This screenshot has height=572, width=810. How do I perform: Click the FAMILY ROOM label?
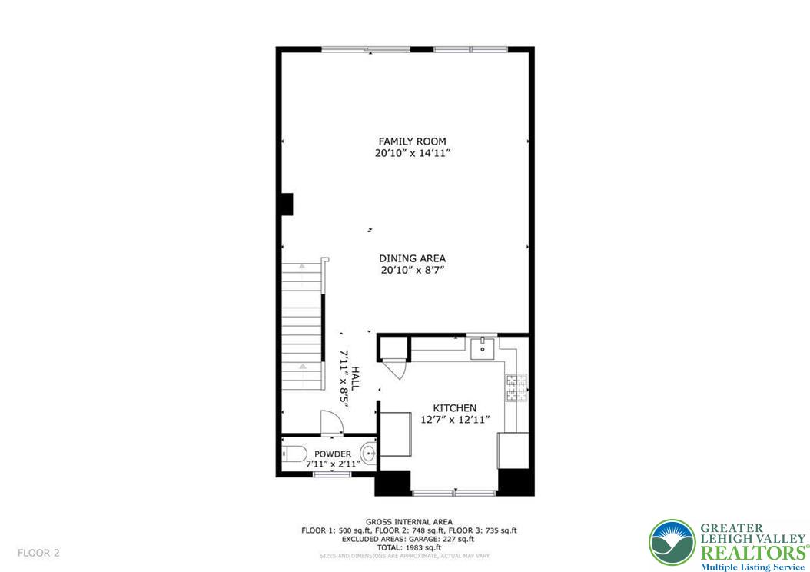pyautogui.click(x=412, y=141)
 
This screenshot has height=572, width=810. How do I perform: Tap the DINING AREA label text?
pyautogui.click(x=412, y=258)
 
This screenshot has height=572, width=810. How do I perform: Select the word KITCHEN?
pyautogui.click(x=454, y=408)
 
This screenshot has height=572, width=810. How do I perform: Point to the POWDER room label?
pyautogui.click(x=333, y=454)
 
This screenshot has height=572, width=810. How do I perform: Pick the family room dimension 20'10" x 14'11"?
pyautogui.click(x=412, y=154)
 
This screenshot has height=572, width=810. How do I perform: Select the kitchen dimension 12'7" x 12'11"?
pyautogui.click(x=455, y=420)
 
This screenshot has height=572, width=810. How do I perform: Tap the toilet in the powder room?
pyautogui.click(x=294, y=454)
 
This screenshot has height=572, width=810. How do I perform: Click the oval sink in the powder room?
pyautogui.click(x=369, y=454)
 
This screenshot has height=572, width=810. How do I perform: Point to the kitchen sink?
pyautogui.click(x=484, y=349)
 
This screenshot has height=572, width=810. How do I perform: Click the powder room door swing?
pyautogui.click(x=331, y=422)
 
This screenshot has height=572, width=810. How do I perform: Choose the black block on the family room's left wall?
pyautogui.click(x=286, y=204)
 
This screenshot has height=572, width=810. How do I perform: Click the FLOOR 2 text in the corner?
pyautogui.click(x=38, y=553)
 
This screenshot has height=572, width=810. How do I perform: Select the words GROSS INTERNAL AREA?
pyautogui.click(x=409, y=522)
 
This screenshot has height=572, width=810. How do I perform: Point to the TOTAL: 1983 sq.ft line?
pyautogui.click(x=409, y=547)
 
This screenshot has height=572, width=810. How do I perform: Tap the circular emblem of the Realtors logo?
pyautogui.click(x=672, y=543)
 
